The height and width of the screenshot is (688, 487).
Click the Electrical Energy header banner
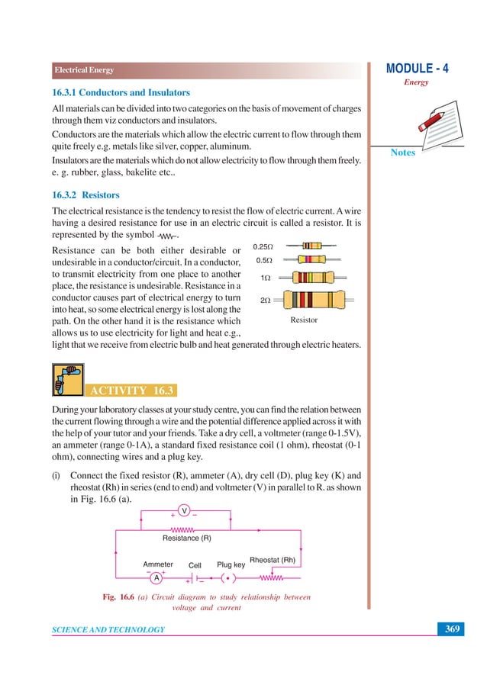pyautogui.click(x=84, y=70)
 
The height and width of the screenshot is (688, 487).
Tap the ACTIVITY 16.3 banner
pyautogui.click(x=133, y=391)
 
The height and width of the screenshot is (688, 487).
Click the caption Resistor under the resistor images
pyautogui.click(x=304, y=320)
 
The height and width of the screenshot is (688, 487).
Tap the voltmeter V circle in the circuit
pyautogui.click(x=184, y=510)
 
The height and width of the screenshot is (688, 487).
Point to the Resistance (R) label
pyautogui.click(x=187, y=539)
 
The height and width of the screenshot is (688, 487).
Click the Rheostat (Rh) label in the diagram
pyautogui.click(x=273, y=560)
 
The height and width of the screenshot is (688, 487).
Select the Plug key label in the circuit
pyautogui.click(x=231, y=564)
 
